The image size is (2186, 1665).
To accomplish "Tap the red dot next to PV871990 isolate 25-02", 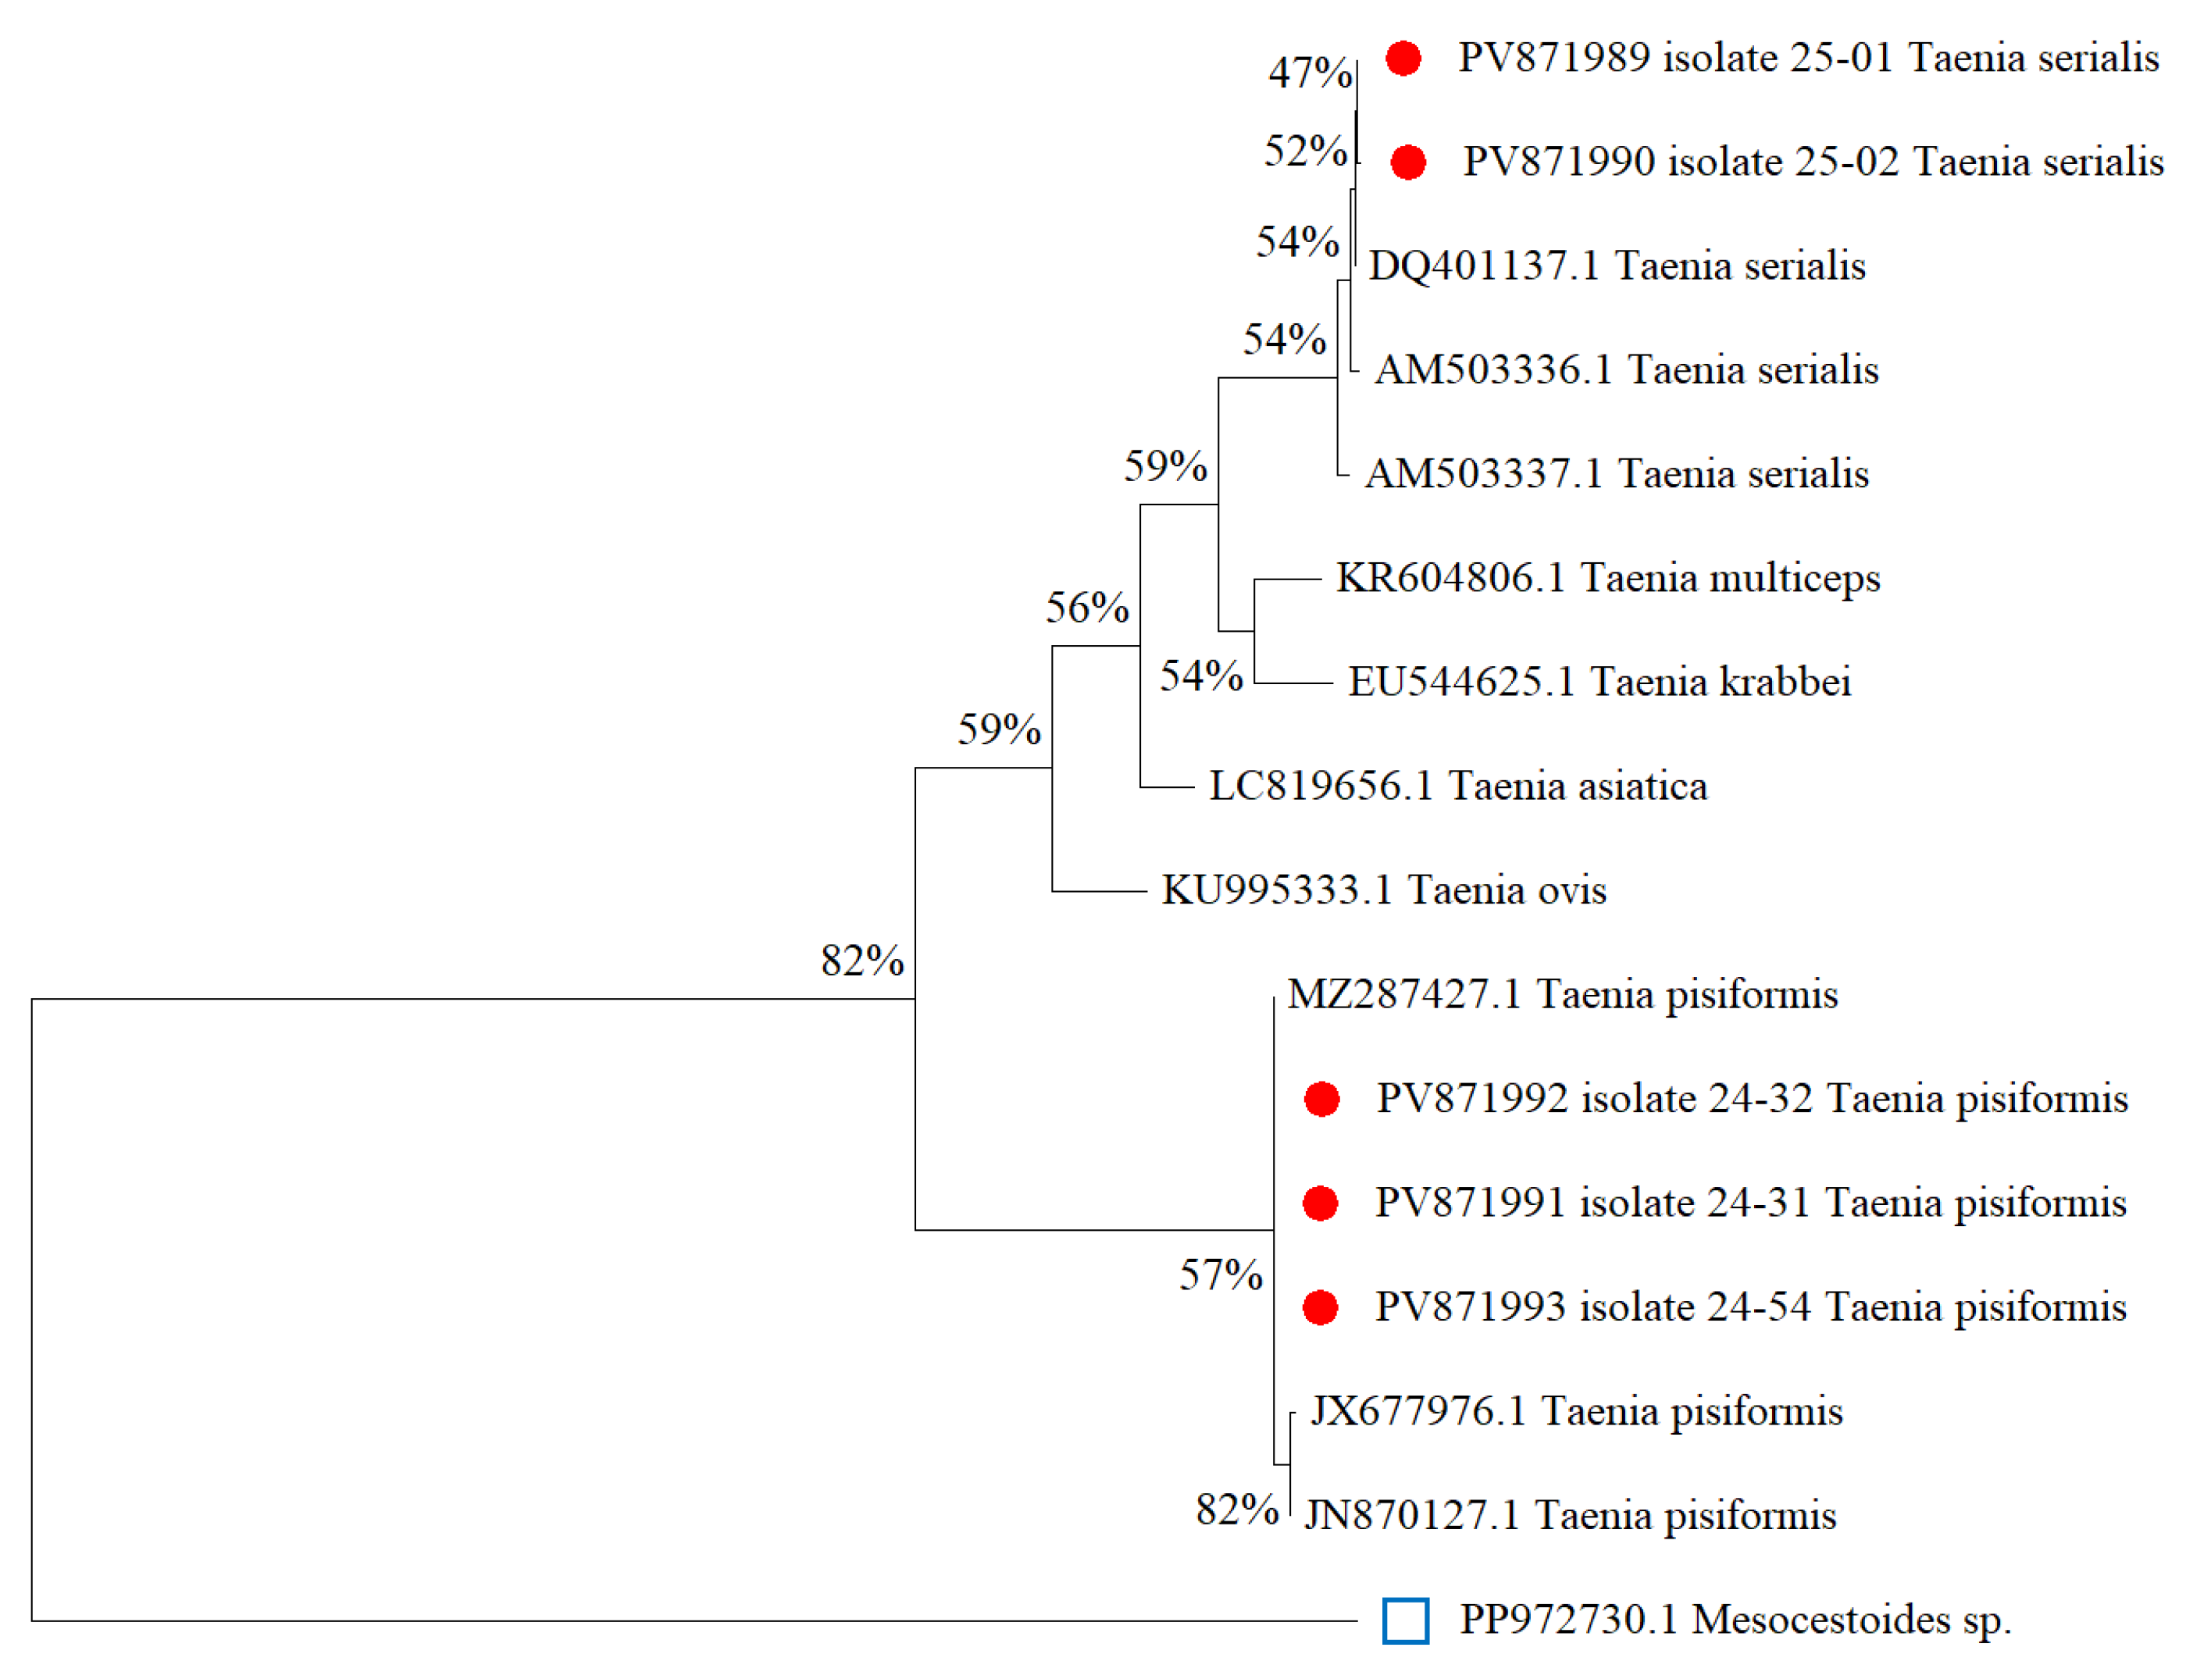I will pyautogui.click(x=1408, y=162).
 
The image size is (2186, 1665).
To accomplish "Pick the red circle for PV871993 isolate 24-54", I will pyautogui.click(x=1320, y=1307).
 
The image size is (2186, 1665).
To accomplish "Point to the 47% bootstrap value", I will pyautogui.click(x=1309, y=73).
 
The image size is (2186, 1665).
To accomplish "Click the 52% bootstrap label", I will pyautogui.click(x=1305, y=151).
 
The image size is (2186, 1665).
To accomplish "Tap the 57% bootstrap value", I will pyautogui.click(x=1220, y=1275).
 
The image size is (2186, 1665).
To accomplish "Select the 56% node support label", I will pyautogui.click(x=1087, y=608).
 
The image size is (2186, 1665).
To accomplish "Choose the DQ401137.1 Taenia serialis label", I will pyautogui.click(x=1616, y=266).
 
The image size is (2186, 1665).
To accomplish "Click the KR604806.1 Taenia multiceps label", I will pyautogui.click(x=1607, y=578).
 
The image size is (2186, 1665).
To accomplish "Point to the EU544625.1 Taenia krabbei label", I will pyautogui.click(x=1599, y=682).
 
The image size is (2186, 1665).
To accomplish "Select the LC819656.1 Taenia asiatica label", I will pyautogui.click(x=1457, y=786).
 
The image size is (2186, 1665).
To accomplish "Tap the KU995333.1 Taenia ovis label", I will pyautogui.click(x=1383, y=890).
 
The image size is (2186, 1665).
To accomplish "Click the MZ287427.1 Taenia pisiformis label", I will pyautogui.click(x=1562, y=994).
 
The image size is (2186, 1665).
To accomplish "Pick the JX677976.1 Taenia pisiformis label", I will pyautogui.click(x=1575, y=1411).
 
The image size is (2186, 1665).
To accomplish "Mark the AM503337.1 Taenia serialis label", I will pyautogui.click(x=1616, y=474).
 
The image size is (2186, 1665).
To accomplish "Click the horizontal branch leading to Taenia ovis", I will pyautogui.click(x=1099, y=891).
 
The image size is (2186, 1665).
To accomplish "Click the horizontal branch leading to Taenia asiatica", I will pyautogui.click(x=1168, y=787).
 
